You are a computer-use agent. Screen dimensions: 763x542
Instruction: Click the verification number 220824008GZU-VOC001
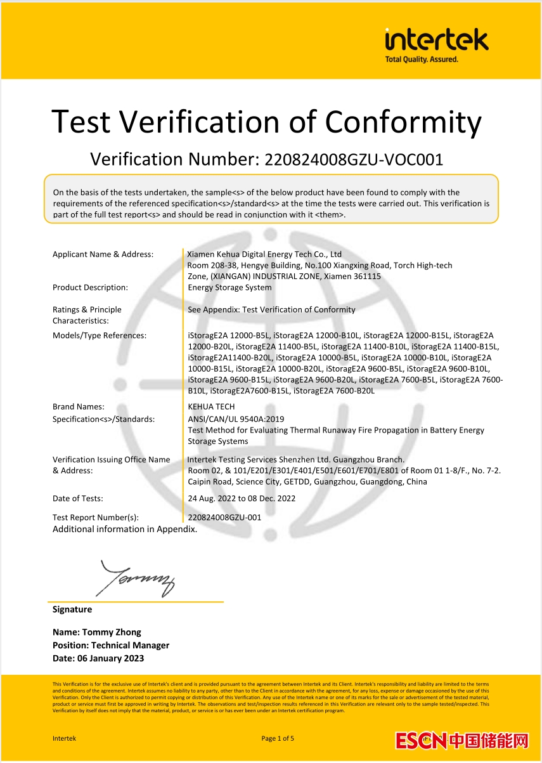point(354,159)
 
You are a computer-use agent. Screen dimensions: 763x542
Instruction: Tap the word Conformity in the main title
point(403,121)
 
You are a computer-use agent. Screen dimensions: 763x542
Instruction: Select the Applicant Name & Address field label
point(103,254)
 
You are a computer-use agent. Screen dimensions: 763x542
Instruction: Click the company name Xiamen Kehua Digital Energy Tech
point(265,254)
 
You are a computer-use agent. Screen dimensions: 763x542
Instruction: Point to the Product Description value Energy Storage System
point(229,287)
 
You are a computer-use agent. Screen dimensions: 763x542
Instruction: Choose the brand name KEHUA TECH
point(211,407)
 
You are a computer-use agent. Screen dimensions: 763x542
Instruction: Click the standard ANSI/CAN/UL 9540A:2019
point(236,419)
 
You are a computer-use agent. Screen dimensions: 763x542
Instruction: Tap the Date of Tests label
point(77,499)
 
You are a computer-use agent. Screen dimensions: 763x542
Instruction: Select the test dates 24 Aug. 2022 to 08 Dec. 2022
point(242,499)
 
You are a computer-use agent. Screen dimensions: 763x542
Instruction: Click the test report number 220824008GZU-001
point(224,518)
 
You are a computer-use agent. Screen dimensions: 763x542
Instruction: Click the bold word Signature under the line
point(72,610)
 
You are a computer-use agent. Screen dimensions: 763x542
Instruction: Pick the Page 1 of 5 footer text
point(278,738)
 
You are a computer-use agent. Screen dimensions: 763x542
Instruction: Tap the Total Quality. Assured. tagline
point(422,60)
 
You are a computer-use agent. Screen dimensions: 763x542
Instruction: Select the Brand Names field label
point(79,407)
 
